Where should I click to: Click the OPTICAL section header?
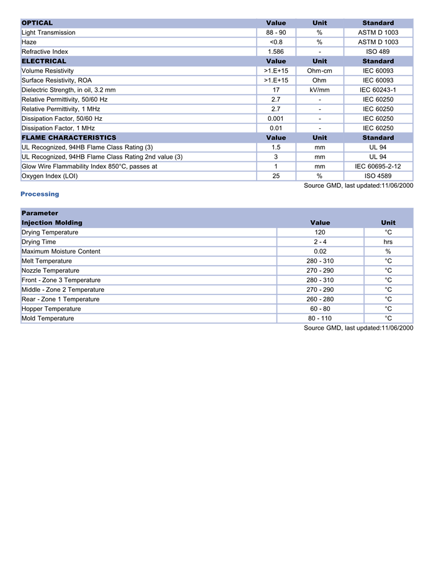pyautogui.click(x=37, y=23)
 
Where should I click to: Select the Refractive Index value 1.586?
pyautogui.click(x=276, y=51)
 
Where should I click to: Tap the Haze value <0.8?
pyautogui.click(x=276, y=42)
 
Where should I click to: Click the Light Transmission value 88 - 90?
pyautogui.click(x=276, y=32)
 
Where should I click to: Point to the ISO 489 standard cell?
pyautogui.click(x=378, y=51)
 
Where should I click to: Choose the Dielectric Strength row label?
pyautogui.click(x=68, y=90)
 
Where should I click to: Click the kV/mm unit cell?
pyautogui.click(x=319, y=90)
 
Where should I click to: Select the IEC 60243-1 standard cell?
pyautogui.click(x=378, y=90)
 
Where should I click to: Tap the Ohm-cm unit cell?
pyautogui.click(x=319, y=71)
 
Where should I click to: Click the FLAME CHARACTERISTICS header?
pyautogui.click(x=69, y=138)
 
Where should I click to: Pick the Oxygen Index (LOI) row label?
pyautogui.click(x=50, y=176)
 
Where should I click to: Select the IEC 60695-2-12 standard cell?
pyautogui.click(x=378, y=166)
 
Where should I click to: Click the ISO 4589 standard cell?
pyautogui.click(x=378, y=176)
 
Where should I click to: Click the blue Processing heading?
pyautogui.click(x=40, y=194)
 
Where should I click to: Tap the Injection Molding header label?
pyautogui.click(x=52, y=223)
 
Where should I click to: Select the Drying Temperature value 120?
pyautogui.click(x=320, y=232)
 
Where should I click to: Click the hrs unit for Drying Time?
pyautogui.click(x=388, y=242)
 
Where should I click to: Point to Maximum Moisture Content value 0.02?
pyautogui.click(x=320, y=252)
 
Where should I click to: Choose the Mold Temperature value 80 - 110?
pyautogui.click(x=320, y=319)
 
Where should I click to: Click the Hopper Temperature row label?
pyautogui.click(x=51, y=309)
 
